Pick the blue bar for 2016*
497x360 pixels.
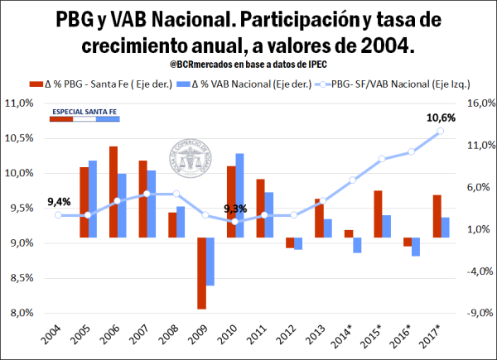pos(416,247)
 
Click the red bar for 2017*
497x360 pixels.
pos(437,216)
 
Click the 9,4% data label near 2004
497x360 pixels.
pos(59,201)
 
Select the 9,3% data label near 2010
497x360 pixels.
pos(236,209)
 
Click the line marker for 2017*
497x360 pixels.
pos(441,131)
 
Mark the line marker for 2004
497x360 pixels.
pos(58,215)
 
